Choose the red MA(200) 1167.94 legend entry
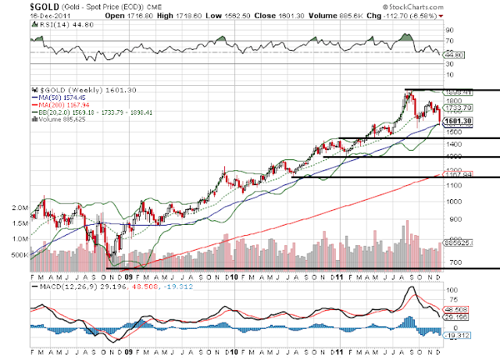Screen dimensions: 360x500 coord(58,105)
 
